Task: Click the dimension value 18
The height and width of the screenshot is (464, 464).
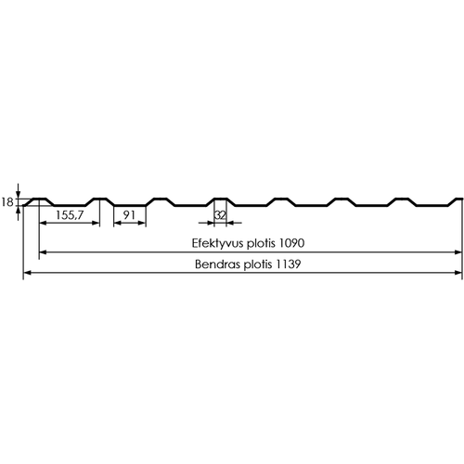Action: point(7,202)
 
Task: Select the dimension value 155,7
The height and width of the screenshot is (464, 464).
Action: point(70,215)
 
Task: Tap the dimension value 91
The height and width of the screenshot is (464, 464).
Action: point(129,214)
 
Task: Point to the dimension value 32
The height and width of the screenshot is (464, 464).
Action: point(220,215)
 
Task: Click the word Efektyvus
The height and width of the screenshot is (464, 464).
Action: point(218,243)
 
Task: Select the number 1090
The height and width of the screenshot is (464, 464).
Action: point(291,243)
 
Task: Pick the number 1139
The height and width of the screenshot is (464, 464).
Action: point(289,264)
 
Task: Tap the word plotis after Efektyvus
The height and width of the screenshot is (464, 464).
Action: point(261,243)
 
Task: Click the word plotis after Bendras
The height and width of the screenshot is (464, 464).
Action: point(258,264)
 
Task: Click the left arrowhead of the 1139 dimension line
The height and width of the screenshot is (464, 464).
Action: point(27,273)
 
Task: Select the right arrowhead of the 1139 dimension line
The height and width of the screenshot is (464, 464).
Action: point(458,273)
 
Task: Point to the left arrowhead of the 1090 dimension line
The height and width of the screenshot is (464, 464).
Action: point(44,252)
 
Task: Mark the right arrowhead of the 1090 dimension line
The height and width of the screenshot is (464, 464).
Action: point(458,252)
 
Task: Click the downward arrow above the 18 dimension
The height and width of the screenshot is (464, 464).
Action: point(19,191)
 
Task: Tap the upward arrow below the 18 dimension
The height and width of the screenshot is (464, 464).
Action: point(19,213)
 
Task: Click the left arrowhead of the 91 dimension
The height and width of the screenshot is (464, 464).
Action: point(118,223)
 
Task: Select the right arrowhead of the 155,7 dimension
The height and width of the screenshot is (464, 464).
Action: point(96,223)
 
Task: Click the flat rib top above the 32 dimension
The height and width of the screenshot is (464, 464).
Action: point(221,199)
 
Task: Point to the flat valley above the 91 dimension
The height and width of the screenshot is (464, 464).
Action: point(130,205)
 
